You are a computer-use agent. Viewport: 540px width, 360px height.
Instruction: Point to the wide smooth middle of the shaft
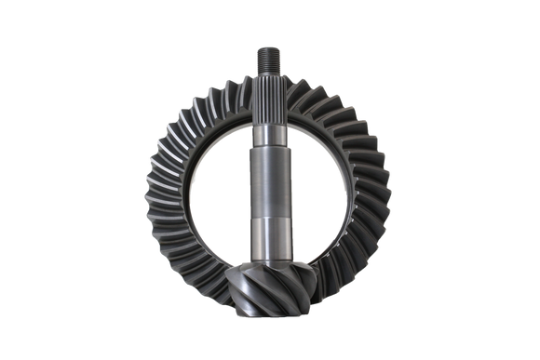[270, 177]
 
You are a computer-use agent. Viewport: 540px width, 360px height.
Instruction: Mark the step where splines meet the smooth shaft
[270, 130]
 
